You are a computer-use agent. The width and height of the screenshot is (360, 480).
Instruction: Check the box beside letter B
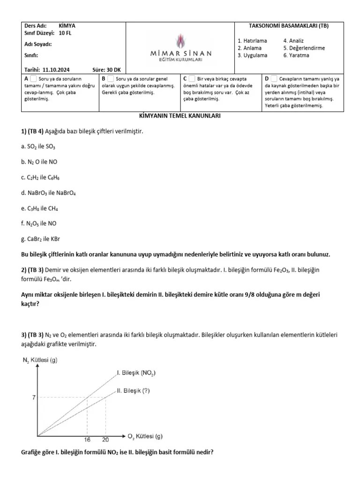(111, 79)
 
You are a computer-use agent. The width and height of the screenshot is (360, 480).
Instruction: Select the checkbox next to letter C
(192, 79)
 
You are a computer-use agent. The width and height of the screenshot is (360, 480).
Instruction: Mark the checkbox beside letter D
(274, 79)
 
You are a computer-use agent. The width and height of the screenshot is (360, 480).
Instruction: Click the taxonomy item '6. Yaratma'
(296, 55)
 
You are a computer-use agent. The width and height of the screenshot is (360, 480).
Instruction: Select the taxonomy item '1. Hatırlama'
(252, 41)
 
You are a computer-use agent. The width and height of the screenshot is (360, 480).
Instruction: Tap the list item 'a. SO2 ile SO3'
(38, 147)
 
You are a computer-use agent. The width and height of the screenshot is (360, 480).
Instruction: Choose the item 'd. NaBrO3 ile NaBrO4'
(49, 193)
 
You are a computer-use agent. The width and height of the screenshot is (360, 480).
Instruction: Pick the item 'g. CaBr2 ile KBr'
(42, 239)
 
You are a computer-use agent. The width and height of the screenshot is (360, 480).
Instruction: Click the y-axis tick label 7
(34, 397)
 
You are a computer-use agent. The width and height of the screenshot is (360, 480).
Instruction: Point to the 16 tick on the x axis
(87, 440)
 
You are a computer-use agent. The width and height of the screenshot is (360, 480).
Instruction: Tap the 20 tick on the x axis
(106, 440)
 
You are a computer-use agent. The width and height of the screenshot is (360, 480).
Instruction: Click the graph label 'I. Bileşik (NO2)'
(136, 373)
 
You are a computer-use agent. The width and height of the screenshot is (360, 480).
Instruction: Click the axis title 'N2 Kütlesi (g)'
(40, 360)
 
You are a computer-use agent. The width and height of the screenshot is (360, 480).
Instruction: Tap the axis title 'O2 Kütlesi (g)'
(145, 436)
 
